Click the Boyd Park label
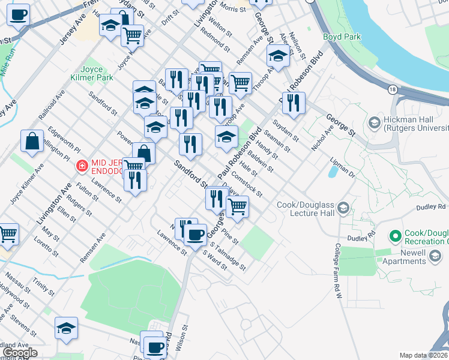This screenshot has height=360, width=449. click(342, 37)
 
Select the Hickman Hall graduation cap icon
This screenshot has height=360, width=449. click(375, 123)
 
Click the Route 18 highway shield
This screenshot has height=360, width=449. click(391, 89)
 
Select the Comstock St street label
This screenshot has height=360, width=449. click(247, 185)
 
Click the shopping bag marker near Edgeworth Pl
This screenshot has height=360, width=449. click(32, 142)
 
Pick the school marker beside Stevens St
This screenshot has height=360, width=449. click(66, 328)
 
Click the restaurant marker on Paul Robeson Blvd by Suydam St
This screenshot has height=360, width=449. click(294, 103)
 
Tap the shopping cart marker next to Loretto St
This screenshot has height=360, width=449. click(8, 234)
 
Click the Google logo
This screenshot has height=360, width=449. click(20, 352)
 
